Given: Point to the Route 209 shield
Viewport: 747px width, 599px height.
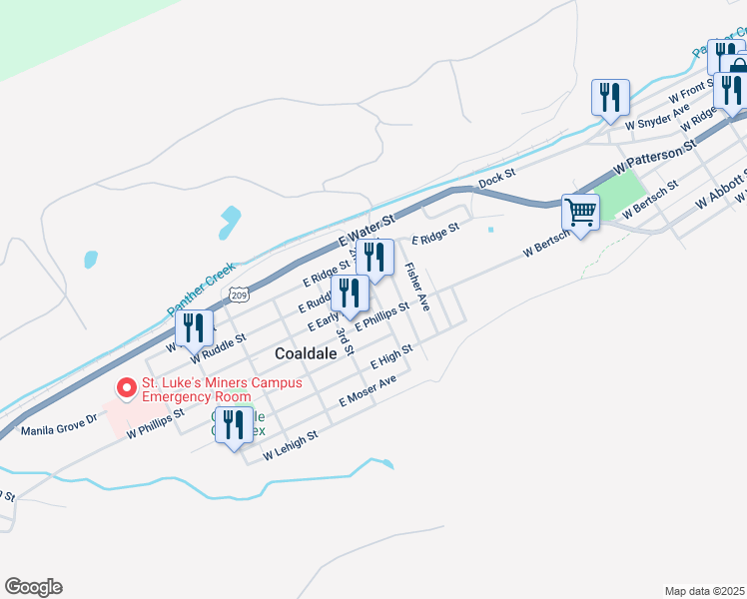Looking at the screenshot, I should point(237,294).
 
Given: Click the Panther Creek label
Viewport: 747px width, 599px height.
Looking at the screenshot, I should point(200,291).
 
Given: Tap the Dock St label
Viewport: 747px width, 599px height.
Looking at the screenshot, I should point(496,179).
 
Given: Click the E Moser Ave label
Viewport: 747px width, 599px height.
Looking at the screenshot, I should point(368,390).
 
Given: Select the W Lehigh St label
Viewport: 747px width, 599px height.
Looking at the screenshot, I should point(290,446).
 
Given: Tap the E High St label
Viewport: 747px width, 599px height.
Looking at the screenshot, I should point(391,356).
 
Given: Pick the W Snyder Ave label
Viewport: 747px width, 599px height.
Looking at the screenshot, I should point(657,118).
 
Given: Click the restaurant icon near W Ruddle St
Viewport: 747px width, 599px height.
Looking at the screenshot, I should point(194,327).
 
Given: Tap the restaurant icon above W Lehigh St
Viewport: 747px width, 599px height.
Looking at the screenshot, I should point(233,424).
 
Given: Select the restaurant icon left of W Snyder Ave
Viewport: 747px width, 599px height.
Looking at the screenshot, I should point(609,98).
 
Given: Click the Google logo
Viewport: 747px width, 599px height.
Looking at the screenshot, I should point(33,587).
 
